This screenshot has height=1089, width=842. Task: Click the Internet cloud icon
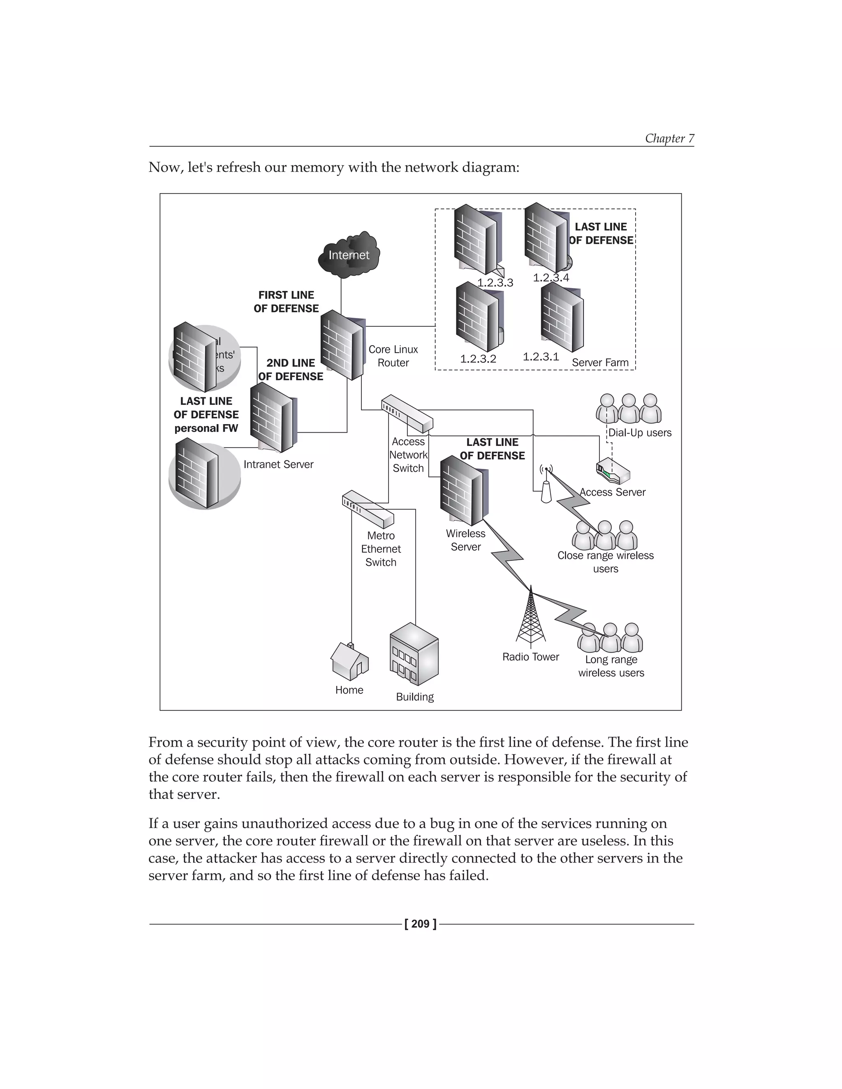pyautogui.click(x=349, y=255)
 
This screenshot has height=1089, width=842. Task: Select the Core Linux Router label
pyautogui.click(x=393, y=356)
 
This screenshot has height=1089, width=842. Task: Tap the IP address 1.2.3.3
pyautogui.click(x=495, y=283)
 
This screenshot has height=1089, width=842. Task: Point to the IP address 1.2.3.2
pyautogui.click(x=478, y=358)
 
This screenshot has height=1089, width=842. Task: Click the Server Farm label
pyautogui.click(x=600, y=362)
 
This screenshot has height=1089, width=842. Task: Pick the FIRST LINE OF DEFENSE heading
pyautogui.click(x=286, y=302)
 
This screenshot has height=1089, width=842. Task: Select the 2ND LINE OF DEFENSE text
pyautogui.click(x=291, y=369)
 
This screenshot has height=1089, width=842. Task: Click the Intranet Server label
pyautogui.click(x=278, y=464)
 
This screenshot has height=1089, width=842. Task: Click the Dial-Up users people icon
pyautogui.click(x=629, y=409)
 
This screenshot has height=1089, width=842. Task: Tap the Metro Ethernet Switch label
pyautogui.click(x=381, y=549)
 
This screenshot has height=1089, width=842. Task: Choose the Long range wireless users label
pyautogui.click(x=611, y=666)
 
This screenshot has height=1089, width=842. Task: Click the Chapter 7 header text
pyautogui.click(x=669, y=138)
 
